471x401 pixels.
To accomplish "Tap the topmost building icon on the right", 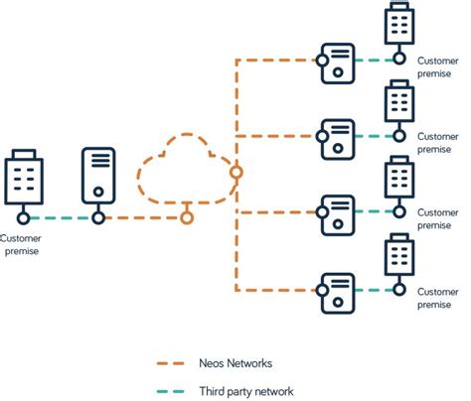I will coord(399,24).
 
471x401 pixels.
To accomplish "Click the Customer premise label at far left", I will coord(22,244).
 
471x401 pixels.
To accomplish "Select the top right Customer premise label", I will coord(438,66).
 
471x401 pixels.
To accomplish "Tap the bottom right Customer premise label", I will coord(438,299).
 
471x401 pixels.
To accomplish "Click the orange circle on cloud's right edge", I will coord(235,172).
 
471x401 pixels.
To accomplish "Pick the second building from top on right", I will coord(399,101).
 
